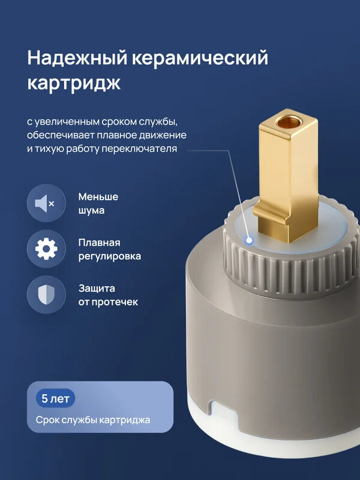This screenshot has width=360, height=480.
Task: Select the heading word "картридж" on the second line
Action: coord(74,83)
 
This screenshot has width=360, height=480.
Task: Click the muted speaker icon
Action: coord(46,204)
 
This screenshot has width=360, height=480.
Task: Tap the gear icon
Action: coord(46,249)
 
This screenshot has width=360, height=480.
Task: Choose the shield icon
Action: coord(46,295)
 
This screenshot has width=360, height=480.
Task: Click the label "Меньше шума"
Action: coord(98,203)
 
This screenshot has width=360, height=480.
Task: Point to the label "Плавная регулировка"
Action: coord(110,249)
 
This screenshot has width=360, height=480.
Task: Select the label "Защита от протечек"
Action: coord(108,295)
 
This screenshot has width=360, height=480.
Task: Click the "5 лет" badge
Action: coord(56,398)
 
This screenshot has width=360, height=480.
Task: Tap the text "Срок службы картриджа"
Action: coord(92,420)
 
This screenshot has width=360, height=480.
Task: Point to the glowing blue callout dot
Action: coord(248,241)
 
